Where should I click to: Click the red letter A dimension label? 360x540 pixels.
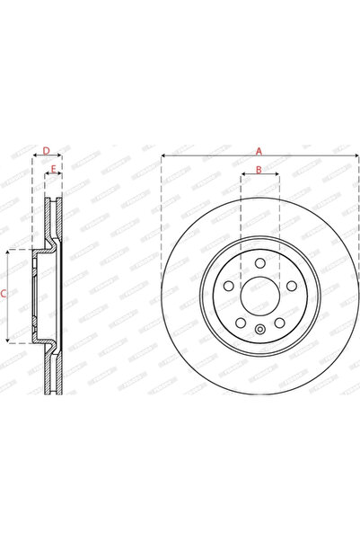pos(259,150)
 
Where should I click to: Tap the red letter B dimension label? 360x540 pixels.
pos(259,169)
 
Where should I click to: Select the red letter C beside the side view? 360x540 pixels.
pos(4,294)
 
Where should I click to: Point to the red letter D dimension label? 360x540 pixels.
pos(46,150)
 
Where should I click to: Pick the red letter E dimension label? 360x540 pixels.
pos(54,169)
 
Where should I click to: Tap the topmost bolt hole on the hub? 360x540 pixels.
pos(259,263)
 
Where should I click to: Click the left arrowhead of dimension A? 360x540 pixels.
pos(164,158)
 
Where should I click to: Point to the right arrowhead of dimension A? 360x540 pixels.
pos(355,158)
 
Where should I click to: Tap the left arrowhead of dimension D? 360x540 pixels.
pos(34,158)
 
